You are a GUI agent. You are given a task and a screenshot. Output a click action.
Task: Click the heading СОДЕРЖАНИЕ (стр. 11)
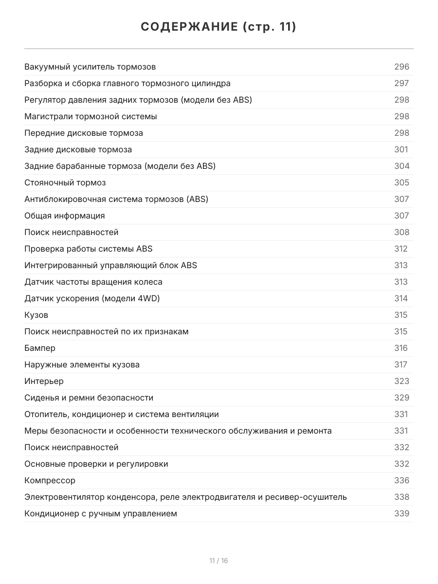coord(219,27)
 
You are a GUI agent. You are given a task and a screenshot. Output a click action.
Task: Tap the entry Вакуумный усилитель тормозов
coord(90,67)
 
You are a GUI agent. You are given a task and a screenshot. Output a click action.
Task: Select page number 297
coord(401,83)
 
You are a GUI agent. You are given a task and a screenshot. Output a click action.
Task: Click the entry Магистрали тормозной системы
coord(91,116)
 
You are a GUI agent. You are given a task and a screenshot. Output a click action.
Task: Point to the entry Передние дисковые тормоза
coord(84,133)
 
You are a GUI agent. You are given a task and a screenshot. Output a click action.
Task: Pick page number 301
coord(401,149)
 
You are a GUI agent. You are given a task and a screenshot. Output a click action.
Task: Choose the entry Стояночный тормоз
coord(65,182)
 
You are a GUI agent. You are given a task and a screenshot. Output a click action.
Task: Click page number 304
coord(401,166)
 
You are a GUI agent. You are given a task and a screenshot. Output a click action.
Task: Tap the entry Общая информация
coord(64,216)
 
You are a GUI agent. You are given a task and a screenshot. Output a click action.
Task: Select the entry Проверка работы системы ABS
coord(88,249)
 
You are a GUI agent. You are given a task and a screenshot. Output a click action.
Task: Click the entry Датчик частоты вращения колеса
coord(93,282)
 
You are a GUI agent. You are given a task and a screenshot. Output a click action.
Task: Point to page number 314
coord(401,298)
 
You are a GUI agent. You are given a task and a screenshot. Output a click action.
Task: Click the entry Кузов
coord(36,315)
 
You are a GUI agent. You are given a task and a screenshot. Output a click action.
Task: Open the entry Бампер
coord(40,348)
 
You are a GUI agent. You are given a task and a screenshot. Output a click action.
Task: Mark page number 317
coord(401,365)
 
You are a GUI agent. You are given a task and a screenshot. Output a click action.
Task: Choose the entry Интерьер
coord(44,381)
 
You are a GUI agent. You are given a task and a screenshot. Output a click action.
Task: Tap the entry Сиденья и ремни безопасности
coord(89,398)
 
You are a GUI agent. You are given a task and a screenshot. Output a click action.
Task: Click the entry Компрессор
coord(50,480)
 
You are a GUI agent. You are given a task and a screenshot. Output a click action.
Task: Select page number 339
coord(401,513)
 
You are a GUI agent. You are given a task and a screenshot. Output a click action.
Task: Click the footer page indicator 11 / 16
coord(219,561)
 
